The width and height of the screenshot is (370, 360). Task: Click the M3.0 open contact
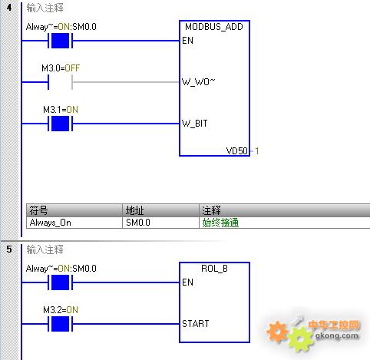[60, 82]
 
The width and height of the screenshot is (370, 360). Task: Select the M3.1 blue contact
[60, 124]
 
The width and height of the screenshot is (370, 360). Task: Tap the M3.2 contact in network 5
[60, 324]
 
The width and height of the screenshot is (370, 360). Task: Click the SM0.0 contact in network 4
[60, 41]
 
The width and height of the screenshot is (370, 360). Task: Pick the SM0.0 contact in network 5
[60, 282]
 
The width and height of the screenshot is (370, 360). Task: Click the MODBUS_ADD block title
[214, 27]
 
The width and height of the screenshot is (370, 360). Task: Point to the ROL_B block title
[214, 269]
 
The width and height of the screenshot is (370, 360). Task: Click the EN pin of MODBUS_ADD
[187, 41]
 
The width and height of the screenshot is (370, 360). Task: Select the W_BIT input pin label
[194, 124]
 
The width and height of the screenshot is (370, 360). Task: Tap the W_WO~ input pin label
[198, 82]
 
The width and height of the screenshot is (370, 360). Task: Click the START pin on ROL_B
[196, 324]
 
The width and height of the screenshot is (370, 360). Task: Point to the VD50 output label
[237, 151]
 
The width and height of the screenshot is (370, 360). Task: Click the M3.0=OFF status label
[61, 68]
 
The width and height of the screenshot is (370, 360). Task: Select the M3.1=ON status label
[61, 110]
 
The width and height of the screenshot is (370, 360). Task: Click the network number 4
[9, 8]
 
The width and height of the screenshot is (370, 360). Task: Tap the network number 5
[9, 249]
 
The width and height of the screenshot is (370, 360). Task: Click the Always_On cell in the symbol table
[50, 223]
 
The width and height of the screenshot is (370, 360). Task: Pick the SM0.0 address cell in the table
[138, 223]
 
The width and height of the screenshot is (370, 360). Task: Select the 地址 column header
[134, 210]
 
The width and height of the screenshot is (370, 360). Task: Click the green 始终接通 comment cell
[220, 223]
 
